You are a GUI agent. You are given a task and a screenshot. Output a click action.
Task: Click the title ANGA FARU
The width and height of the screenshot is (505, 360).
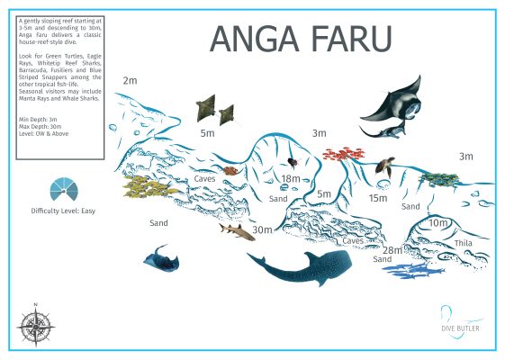301,39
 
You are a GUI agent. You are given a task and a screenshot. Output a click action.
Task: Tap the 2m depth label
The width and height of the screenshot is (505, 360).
131,81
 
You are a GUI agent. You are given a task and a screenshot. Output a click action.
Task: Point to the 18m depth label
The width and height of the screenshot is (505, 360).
291,179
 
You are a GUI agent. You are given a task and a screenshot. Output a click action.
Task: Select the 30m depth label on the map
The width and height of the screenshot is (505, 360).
262,230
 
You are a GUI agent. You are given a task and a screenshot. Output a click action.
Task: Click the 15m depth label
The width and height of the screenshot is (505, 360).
378,198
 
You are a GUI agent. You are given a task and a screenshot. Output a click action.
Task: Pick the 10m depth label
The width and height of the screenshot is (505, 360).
438,222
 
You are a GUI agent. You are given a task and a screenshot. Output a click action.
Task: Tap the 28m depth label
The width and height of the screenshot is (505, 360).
392,249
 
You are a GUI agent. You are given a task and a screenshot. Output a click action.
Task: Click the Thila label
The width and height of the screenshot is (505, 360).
438,242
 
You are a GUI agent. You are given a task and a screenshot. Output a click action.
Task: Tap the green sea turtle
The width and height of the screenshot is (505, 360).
384,166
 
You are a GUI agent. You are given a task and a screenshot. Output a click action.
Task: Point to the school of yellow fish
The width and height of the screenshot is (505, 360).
149,186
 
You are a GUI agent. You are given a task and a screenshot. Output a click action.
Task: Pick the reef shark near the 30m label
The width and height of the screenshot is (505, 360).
236,233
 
